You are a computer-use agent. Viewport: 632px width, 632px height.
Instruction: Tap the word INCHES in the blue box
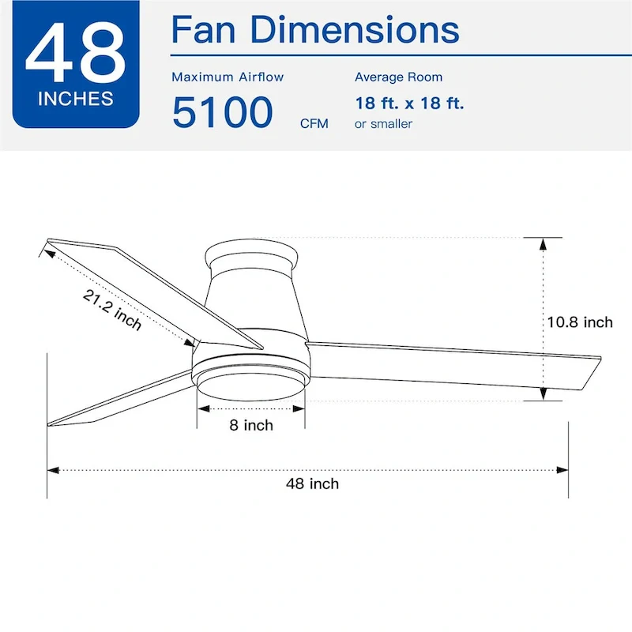pyautogui.click(x=75, y=100)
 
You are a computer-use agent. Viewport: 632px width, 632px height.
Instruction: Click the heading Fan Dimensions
pyautogui.click(x=315, y=30)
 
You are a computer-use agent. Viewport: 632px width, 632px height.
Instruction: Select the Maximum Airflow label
pyautogui.click(x=228, y=77)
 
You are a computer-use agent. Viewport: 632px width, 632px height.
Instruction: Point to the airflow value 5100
pyautogui.click(x=222, y=112)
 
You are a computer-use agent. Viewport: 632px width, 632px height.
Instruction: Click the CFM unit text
pyautogui.click(x=314, y=124)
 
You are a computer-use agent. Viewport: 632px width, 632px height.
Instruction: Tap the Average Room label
pyautogui.click(x=398, y=77)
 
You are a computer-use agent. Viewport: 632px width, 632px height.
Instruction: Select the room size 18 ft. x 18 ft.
pyautogui.click(x=409, y=103)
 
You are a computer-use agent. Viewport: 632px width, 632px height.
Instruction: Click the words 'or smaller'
pyautogui.click(x=383, y=124)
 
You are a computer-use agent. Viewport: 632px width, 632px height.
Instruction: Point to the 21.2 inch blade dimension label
pyautogui.click(x=112, y=309)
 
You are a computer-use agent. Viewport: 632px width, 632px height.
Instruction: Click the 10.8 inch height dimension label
pyautogui.click(x=580, y=322)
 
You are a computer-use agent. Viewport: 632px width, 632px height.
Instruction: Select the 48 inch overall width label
pyautogui.click(x=312, y=483)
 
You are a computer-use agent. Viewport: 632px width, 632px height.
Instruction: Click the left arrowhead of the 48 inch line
pyautogui.click(x=53, y=470)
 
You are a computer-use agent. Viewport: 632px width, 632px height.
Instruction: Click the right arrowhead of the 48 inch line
pyautogui.click(x=562, y=470)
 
